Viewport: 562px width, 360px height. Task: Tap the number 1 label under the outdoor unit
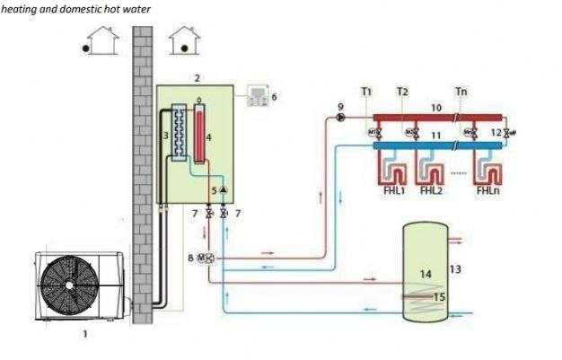(85, 334)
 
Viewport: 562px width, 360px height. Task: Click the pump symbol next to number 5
(224, 190)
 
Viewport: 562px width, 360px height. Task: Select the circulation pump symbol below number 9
(341, 118)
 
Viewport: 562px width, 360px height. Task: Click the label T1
(366, 92)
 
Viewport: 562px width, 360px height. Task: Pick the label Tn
(461, 92)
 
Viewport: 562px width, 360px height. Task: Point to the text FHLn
(488, 190)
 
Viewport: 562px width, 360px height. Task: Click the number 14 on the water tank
(426, 272)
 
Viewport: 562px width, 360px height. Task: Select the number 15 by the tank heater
(439, 295)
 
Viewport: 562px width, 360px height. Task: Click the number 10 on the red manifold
(436, 108)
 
